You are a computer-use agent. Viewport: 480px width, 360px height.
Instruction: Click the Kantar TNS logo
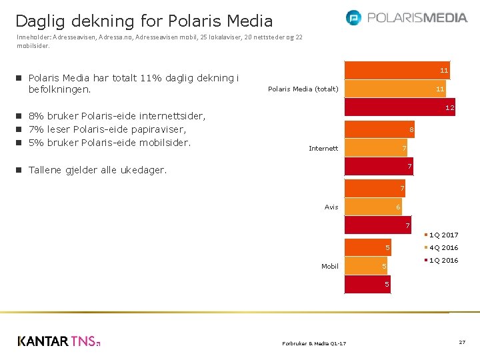[59, 341]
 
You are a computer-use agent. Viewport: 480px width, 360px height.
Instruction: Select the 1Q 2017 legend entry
[443, 235]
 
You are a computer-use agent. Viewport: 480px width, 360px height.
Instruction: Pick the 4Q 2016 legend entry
[443, 247]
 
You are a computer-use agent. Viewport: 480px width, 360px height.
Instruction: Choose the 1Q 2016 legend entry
[443, 260]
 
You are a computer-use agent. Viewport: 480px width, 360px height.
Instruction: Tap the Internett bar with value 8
[380, 129]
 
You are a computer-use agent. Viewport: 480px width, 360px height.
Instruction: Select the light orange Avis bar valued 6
[373, 207]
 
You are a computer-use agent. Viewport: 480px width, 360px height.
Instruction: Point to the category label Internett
[323, 148]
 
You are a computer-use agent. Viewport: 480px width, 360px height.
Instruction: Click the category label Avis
[331, 207]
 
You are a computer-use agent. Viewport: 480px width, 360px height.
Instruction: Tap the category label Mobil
[330, 266]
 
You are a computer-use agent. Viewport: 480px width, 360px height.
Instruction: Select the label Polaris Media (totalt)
[303, 89]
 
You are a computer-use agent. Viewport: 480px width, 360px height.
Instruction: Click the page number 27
[461, 342]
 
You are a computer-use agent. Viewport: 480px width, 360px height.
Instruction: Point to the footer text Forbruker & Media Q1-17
[314, 343]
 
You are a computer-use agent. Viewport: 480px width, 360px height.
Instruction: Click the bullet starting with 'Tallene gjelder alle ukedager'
[97, 170]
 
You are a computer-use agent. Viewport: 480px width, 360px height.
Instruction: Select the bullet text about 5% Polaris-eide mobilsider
[109, 143]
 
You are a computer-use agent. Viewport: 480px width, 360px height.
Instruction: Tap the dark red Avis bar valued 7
[378, 226]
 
